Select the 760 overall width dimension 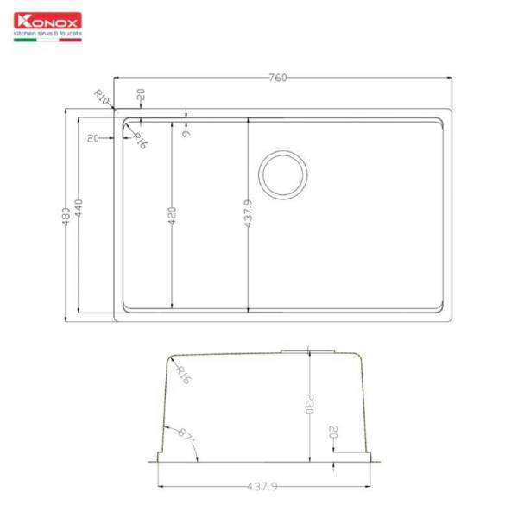(x=277, y=78)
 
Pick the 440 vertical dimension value (x=79, y=209)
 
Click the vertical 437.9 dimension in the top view (x=248, y=213)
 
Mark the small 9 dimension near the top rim (x=186, y=133)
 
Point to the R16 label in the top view (x=140, y=139)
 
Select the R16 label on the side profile (x=182, y=373)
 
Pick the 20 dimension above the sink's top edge (x=141, y=95)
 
